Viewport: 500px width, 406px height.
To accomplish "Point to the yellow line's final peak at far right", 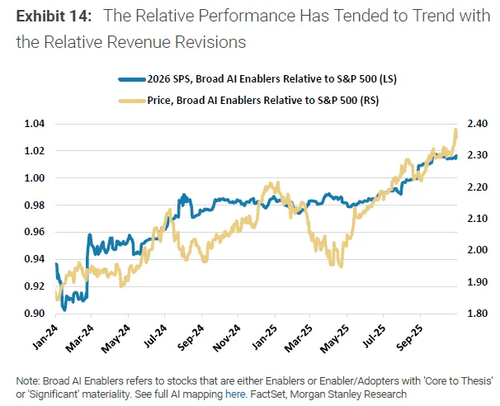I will [456, 130].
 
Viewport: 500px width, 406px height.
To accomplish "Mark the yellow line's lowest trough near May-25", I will [339, 266].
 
